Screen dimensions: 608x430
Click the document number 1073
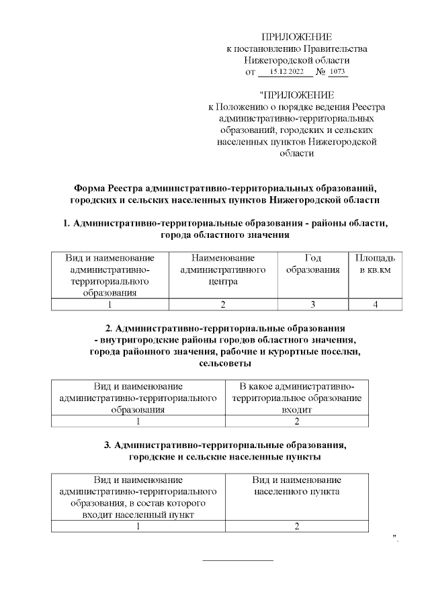tap(337, 71)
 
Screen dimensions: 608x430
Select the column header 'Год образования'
tap(313, 264)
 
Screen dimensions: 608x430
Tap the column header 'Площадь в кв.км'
tap(375, 264)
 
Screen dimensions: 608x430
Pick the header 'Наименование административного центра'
tap(223, 269)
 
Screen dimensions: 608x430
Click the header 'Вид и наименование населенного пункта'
tap(296, 486)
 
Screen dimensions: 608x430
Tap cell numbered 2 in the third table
tap(296, 526)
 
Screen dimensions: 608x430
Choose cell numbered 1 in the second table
tap(138, 422)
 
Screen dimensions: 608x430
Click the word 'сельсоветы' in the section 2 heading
tap(226, 363)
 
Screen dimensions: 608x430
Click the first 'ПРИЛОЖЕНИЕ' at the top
tap(296, 36)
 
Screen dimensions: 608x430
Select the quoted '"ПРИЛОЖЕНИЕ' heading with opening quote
tap(296, 95)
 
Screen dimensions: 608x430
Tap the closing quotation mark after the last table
tap(396, 537)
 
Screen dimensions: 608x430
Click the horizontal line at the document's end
tap(238, 560)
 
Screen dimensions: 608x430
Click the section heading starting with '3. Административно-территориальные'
tap(225, 445)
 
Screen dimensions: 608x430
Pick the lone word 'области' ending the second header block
tap(296, 153)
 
